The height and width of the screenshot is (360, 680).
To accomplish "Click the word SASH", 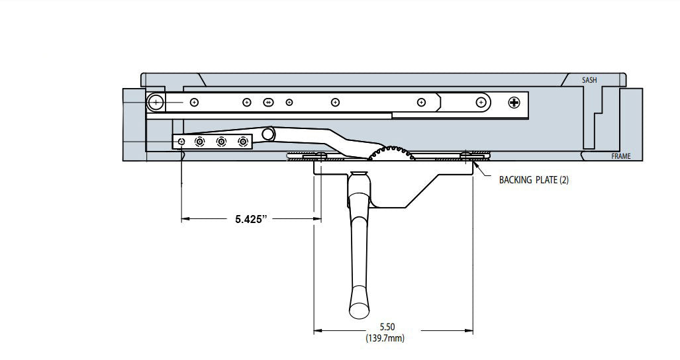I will [589, 80].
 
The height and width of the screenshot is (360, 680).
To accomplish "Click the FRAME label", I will [621, 157].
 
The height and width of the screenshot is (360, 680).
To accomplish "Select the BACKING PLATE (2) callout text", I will [534, 179].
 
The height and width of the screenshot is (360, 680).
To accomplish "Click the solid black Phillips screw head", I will [514, 102].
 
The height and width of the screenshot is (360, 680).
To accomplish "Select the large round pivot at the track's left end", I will [156, 102].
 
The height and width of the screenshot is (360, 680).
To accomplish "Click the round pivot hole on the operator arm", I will [268, 134].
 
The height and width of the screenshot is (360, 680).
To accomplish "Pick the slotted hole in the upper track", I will [268, 102].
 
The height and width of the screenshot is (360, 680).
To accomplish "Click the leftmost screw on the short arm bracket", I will [181, 142].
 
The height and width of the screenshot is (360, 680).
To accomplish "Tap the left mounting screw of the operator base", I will [320, 156].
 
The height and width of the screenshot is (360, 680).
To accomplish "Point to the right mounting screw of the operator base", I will [467, 156].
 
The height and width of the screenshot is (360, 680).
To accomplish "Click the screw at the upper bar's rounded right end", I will [481, 102].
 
